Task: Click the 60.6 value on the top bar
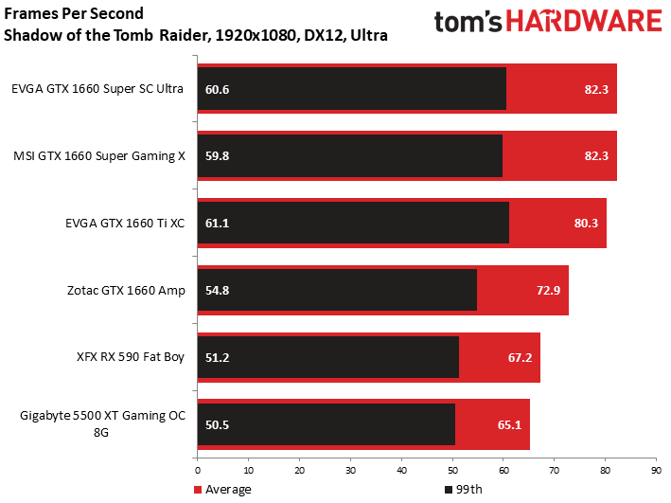(217, 89)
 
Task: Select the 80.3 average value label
(586, 224)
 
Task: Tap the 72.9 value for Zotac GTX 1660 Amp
(548, 291)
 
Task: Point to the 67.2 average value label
(520, 357)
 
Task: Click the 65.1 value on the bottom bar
(509, 424)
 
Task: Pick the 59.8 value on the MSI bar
(217, 156)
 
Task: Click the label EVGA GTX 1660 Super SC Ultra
(97, 89)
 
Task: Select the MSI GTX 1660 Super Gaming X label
(99, 156)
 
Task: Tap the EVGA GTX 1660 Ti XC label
(125, 224)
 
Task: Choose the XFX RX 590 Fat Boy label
(131, 357)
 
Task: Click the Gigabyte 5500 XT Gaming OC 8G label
(103, 423)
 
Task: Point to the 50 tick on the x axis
(452, 471)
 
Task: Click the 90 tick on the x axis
(656, 471)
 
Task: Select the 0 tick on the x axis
(197, 471)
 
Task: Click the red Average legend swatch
(197, 490)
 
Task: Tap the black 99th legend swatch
(449, 490)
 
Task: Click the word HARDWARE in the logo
(584, 22)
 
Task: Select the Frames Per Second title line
(74, 13)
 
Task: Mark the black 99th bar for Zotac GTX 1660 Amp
(337, 290)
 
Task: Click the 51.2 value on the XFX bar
(217, 357)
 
